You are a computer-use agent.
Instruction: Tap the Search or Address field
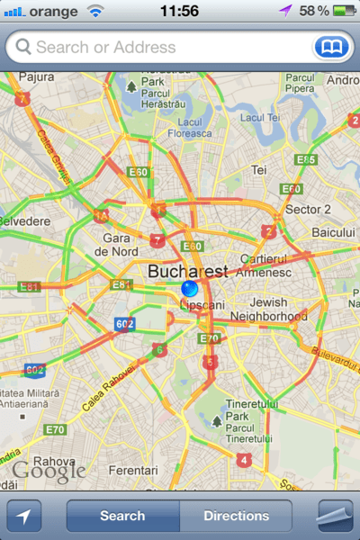(162, 46)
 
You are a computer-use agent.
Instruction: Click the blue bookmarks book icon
(329, 46)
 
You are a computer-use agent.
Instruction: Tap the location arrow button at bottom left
(24, 517)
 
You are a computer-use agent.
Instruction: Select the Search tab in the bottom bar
(122, 517)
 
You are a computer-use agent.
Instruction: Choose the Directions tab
(236, 517)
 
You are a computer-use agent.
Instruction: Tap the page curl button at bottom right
(337, 517)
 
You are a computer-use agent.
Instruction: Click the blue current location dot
(189, 289)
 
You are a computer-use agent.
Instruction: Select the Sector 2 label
(309, 210)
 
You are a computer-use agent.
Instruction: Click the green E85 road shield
(306, 159)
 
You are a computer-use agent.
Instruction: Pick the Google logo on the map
(49, 469)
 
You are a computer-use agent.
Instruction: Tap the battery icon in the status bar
(342, 11)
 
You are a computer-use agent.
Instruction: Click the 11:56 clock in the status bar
(178, 11)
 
